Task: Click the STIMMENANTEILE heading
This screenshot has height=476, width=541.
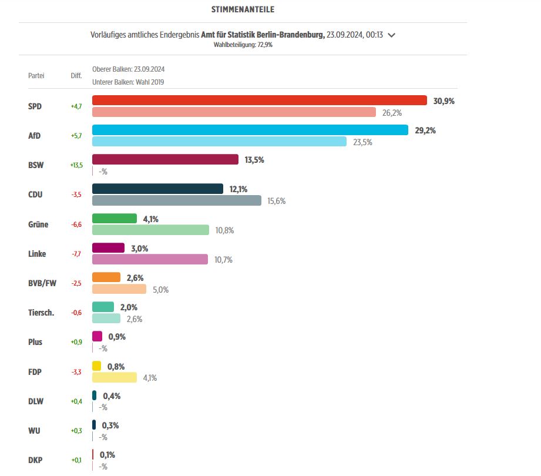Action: point(243,10)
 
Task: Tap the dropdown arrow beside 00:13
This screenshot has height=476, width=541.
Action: point(392,35)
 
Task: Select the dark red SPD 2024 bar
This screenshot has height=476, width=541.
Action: point(259,100)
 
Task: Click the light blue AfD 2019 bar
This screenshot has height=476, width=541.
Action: point(219,142)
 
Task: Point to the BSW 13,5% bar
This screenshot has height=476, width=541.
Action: point(165,159)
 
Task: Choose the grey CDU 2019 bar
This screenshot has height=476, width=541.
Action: point(176,200)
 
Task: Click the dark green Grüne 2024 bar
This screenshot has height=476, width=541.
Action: point(115,219)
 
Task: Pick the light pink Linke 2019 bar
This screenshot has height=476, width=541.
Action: point(150,259)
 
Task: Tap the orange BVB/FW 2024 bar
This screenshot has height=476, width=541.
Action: point(106,277)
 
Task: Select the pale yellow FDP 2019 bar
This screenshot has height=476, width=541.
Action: point(115,377)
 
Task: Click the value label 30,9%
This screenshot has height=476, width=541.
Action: point(444,101)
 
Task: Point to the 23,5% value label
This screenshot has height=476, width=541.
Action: point(362,142)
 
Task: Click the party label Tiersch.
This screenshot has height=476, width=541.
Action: point(41,313)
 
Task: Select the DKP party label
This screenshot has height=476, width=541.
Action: point(35,460)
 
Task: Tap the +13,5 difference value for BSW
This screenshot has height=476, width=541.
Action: point(77,166)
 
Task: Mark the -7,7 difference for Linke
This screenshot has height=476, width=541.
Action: point(76,254)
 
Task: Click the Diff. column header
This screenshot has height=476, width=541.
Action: point(76,76)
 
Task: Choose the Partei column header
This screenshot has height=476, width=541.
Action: point(36,76)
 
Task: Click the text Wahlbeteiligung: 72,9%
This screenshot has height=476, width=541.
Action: point(243,45)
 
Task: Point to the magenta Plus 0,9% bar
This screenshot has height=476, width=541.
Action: point(97,336)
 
